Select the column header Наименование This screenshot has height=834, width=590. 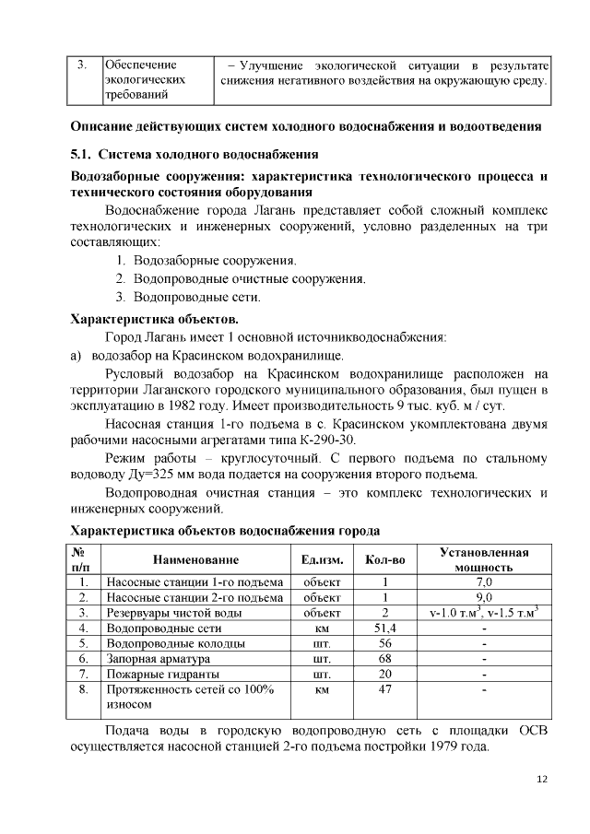195,560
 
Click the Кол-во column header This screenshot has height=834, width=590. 385,560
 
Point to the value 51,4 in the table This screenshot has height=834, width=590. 385,628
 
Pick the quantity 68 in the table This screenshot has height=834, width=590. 385,659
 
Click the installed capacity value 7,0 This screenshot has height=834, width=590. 484,582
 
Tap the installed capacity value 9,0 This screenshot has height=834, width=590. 484,597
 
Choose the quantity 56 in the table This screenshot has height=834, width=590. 385,643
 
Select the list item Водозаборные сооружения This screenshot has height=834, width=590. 214,261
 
